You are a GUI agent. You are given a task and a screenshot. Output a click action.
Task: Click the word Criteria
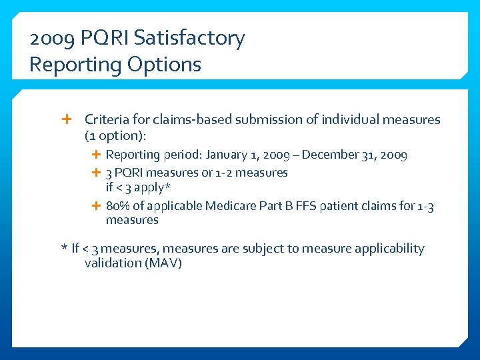[106, 120]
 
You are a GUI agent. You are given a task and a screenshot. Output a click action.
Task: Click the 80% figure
[118, 205]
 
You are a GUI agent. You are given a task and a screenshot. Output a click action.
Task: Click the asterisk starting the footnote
[64, 249]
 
